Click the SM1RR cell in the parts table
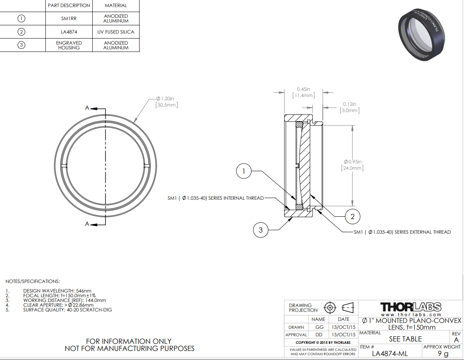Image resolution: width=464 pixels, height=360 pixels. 69,18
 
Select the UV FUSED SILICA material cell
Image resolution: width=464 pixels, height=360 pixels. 116,32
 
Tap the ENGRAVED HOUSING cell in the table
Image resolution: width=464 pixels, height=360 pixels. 69,45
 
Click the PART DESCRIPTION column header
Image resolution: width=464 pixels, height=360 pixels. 69,6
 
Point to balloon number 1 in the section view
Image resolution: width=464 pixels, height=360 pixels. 243,171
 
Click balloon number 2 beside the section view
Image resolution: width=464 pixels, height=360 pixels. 352,216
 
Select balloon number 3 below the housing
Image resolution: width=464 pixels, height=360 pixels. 261,230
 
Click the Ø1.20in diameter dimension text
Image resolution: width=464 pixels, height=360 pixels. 167,101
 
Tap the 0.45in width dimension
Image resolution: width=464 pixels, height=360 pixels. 303,92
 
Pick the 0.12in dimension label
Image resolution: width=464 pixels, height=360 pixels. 350,107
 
